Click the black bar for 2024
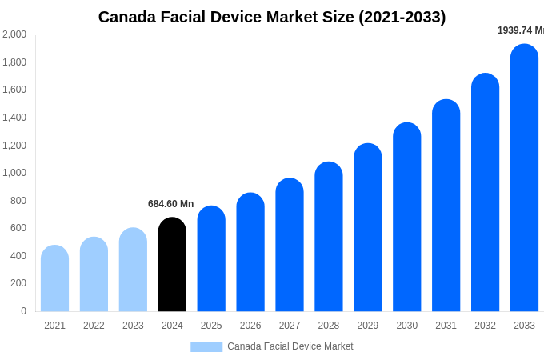tap(172, 265)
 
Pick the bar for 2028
tap(329, 237)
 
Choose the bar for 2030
tap(407, 218)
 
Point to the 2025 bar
tap(211, 259)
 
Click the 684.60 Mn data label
tap(170, 204)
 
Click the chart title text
tap(272, 17)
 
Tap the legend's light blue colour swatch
tap(206, 347)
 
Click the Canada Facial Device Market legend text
tap(290, 346)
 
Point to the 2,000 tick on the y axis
tap(14, 34)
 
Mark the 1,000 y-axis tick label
tap(14, 173)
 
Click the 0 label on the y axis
tap(23, 311)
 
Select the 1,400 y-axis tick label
tap(14, 118)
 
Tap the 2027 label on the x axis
tap(290, 326)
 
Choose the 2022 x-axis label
tap(94, 326)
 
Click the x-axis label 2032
tap(485, 326)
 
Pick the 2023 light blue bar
tap(133, 270)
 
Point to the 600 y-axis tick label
tap(18, 228)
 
